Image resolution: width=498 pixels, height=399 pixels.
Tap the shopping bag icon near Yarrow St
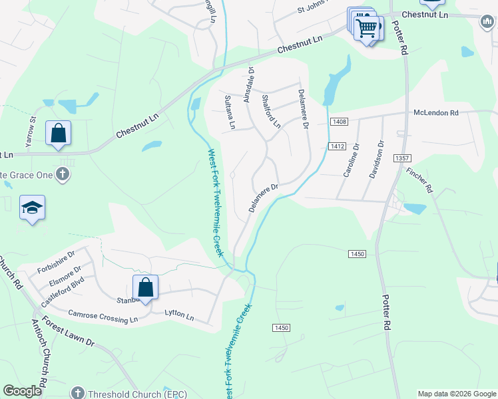coord(59,132)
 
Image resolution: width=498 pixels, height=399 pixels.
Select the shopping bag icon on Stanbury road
coord(146,288)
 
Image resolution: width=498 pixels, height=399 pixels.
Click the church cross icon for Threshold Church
coord(78,392)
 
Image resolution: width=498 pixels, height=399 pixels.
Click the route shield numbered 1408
coord(339,121)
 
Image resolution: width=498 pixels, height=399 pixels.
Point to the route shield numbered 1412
coord(336,146)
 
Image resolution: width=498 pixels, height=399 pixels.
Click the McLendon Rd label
coord(436,113)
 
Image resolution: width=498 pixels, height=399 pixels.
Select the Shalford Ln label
coord(271,110)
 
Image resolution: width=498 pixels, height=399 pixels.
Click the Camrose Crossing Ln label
coord(103,315)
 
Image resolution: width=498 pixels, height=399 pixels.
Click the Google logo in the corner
coord(22,391)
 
